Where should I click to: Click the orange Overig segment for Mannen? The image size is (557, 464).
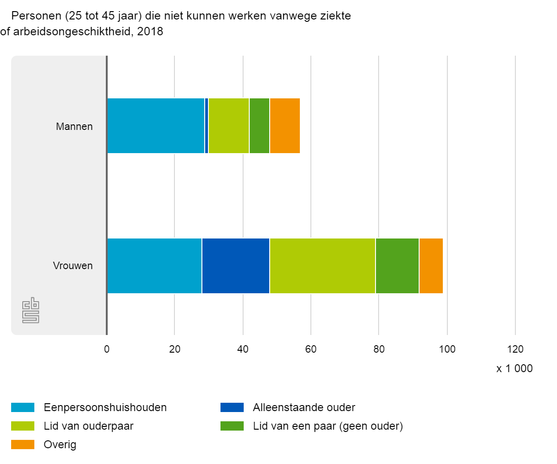[285, 126]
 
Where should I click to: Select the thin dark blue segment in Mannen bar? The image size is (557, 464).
[207, 126]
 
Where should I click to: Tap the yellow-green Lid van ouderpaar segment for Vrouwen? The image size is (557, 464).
[322, 266]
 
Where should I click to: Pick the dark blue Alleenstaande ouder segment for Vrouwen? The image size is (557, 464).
[235, 266]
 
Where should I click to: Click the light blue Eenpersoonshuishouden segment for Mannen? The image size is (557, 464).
[155, 126]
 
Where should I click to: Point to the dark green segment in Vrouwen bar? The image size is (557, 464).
[397, 266]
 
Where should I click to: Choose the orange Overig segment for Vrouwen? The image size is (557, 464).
[431, 266]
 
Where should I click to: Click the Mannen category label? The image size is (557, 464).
[74, 126]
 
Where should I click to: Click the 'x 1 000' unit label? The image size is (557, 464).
[514, 369]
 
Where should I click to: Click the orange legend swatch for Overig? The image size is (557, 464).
[23, 445]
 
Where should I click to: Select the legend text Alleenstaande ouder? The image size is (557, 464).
[304, 407]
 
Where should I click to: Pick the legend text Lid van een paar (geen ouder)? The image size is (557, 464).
[328, 426]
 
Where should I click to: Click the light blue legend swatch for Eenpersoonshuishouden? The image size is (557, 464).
[23, 407]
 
